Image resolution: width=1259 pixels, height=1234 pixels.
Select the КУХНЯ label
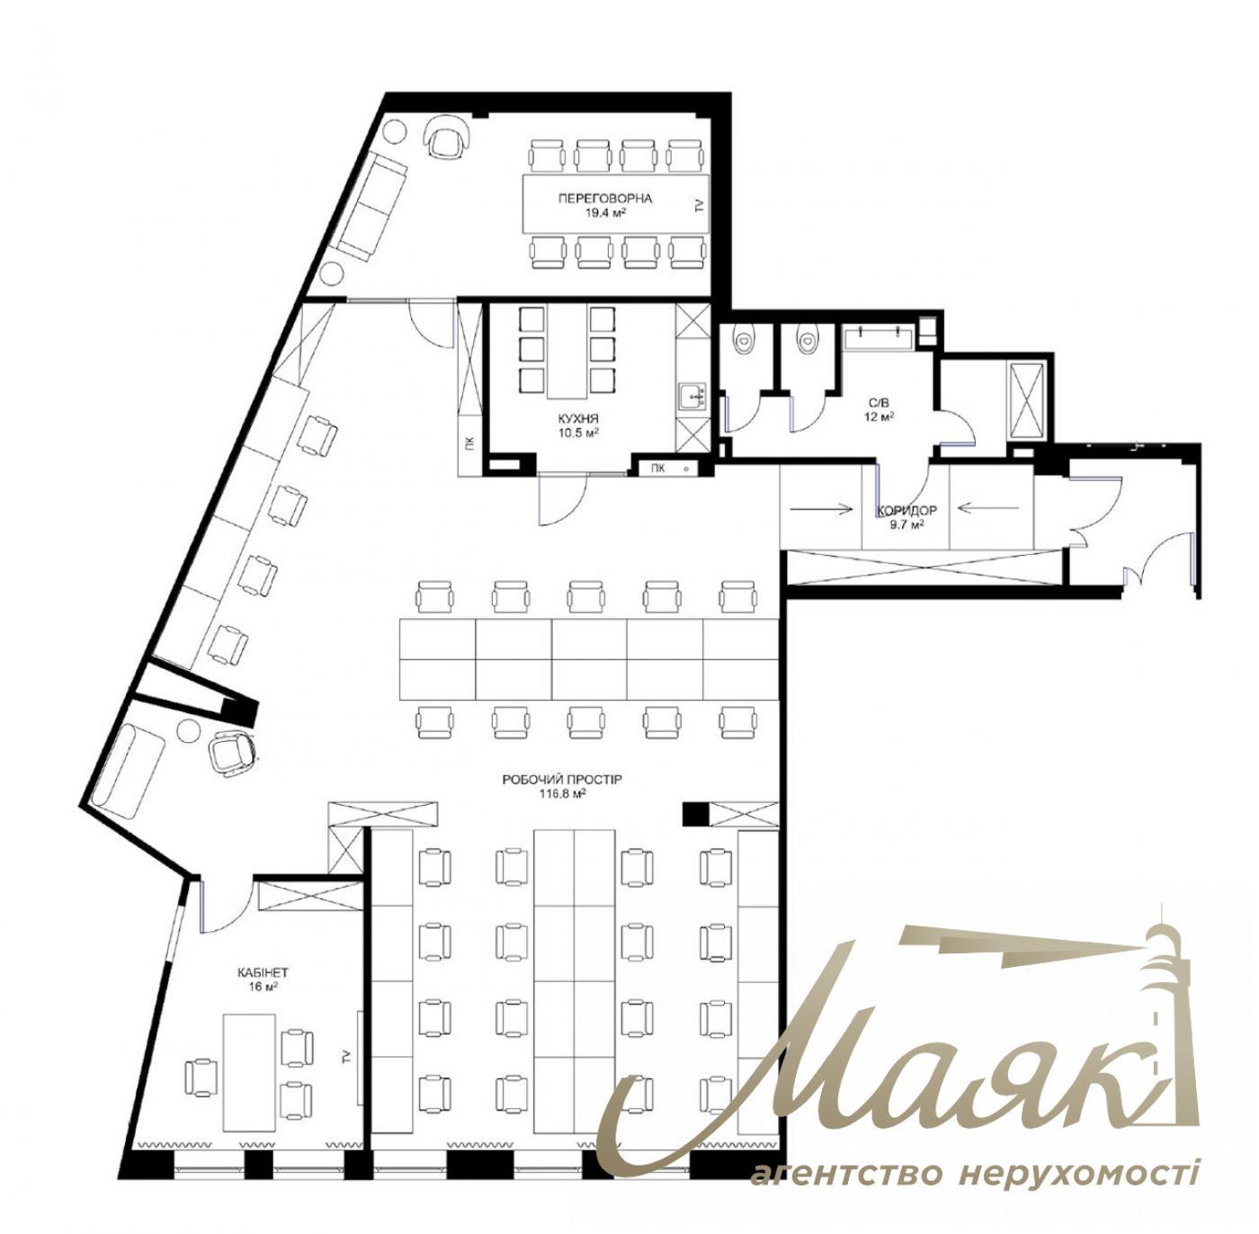[578, 419]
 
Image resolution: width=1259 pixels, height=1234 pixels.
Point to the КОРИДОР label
[906, 510]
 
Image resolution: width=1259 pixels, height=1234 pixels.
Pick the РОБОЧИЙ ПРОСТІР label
[562, 780]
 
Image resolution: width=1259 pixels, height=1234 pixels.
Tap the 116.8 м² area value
[562, 794]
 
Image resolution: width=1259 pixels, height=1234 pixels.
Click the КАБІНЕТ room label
[263, 972]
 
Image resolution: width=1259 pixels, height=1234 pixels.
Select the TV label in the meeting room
[699, 206]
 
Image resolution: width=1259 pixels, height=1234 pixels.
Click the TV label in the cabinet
[346, 1055]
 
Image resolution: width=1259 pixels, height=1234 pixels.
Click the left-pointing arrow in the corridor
[988, 508]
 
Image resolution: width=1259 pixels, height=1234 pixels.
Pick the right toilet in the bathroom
[807, 341]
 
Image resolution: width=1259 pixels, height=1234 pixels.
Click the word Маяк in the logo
[863, 1070]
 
